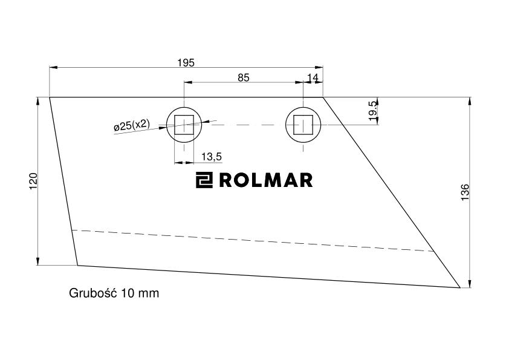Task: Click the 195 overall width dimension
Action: click(x=186, y=62)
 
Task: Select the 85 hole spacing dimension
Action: click(x=244, y=77)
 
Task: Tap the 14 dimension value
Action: click(x=313, y=77)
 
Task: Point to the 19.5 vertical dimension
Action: click(x=373, y=111)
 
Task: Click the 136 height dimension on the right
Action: click(x=465, y=192)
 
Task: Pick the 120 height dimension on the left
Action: click(x=33, y=182)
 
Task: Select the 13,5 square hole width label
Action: click(x=212, y=157)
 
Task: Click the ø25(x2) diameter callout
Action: click(x=132, y=125)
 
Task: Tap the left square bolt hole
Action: click(x=184, y=125)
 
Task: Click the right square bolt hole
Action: click(x=303, y=125)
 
